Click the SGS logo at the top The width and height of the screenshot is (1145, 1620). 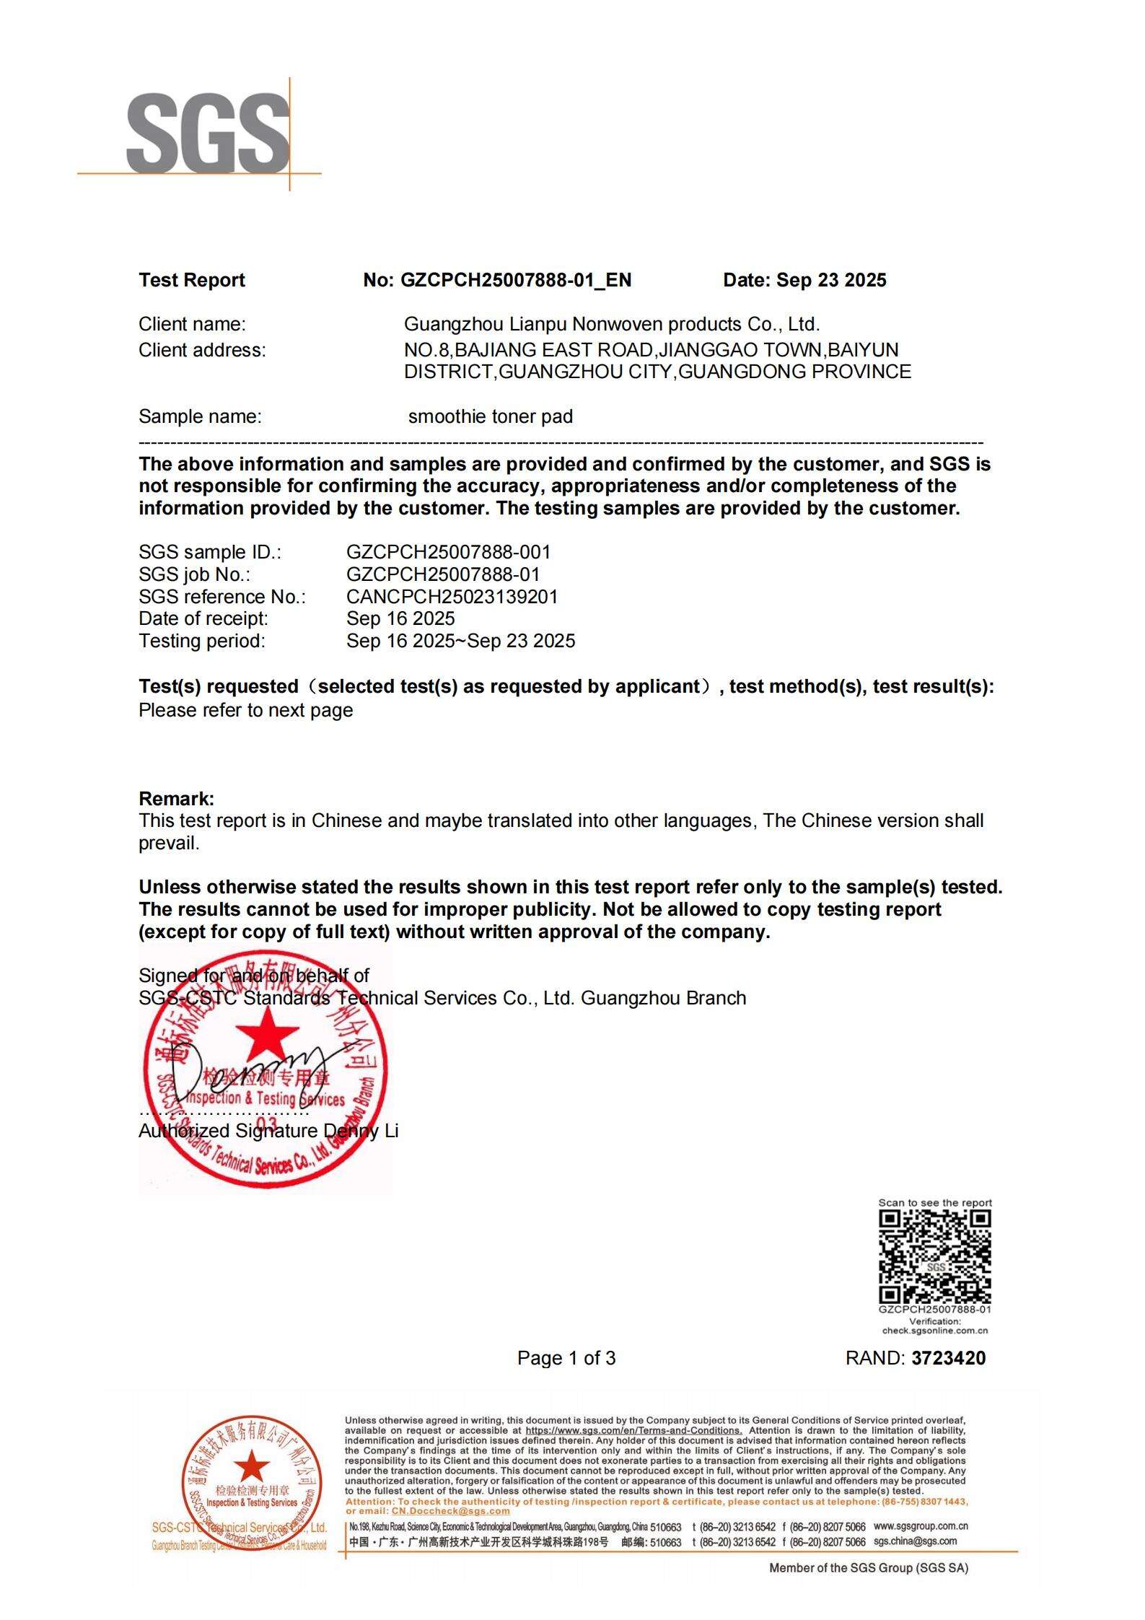point(208,133)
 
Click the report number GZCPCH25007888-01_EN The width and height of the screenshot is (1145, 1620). point(515,280)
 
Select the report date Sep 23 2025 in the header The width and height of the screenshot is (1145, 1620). point(831,280)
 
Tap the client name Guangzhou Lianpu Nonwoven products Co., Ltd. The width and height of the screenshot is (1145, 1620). point(611,324)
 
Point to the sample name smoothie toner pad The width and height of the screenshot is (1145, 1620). point(490,416)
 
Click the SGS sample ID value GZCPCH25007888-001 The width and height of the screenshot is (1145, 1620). point(448,552)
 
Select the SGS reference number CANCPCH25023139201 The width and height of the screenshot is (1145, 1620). point(452,597)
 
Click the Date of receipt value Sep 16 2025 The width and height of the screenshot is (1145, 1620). point(400,618)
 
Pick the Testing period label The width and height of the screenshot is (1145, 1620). point(201,641)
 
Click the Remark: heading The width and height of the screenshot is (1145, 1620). point(176,799)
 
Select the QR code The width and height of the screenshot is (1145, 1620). point(934,1256)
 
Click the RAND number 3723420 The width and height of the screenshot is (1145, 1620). point(948,1358)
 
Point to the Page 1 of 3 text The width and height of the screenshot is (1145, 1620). point(566,1358)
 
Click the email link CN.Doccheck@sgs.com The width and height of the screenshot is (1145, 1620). point(450,1511)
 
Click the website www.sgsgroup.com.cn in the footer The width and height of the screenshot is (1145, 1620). point(920,1526)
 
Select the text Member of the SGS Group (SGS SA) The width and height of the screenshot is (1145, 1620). point(869,1567)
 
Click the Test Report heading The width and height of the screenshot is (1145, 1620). point(192,280)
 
